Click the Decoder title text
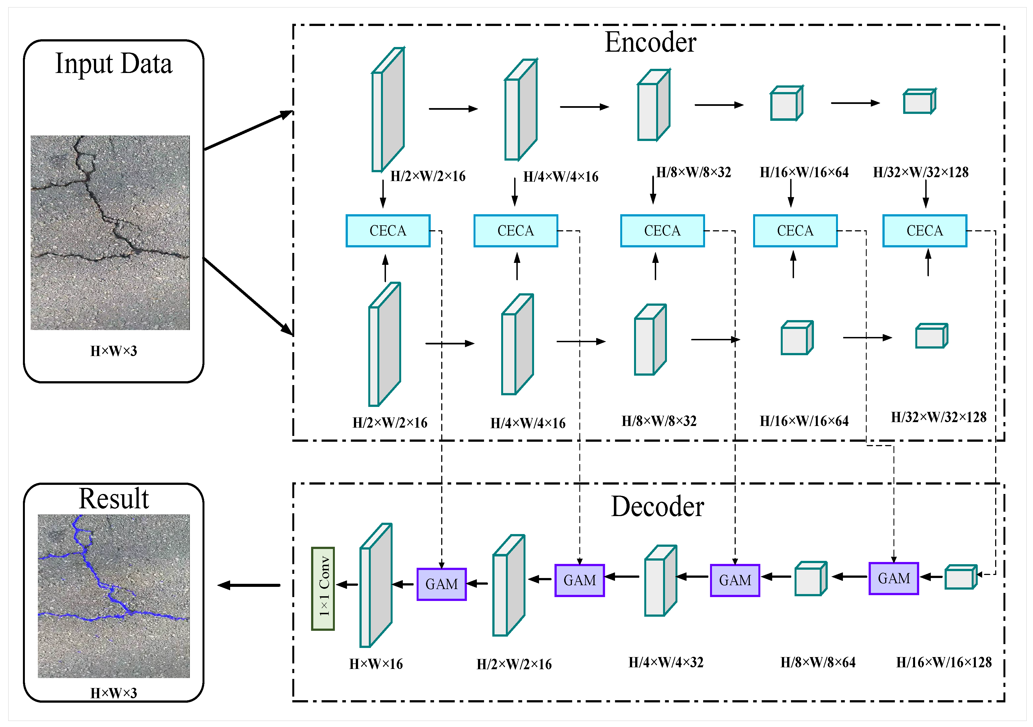pos(657,507)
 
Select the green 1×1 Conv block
pos(323,588)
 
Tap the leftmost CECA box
pos(388,231)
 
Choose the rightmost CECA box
pos(925,231)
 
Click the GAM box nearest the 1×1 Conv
pos(441,584)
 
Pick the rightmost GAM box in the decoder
pos(893,579)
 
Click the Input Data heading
pos(114,64)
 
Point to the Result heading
pos(114,499)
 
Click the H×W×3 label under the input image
pos(114,351)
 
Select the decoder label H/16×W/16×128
pos(944,662)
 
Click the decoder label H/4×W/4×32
pos(666,662)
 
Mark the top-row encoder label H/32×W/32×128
pos(921,172)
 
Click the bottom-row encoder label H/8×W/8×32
pos(659,421)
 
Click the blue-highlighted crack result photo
pos(114,596)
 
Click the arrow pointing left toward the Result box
pos(249,585)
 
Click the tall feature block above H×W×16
pos(376,585)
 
